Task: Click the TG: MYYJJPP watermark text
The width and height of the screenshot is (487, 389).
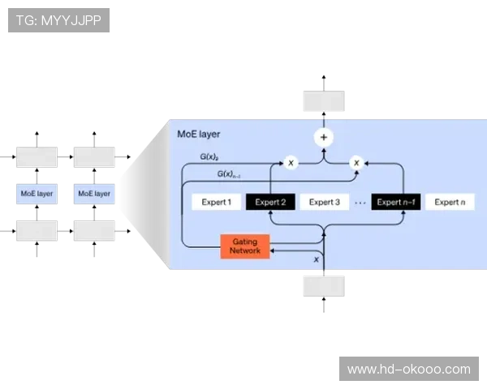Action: coord(58,19)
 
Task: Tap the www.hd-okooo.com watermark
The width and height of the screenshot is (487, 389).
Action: coord(408,369)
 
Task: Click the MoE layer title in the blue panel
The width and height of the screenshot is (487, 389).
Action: coord(199,134)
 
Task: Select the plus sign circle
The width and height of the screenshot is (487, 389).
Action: coord(324,137)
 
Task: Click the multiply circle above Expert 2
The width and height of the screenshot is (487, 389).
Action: coord(291,163)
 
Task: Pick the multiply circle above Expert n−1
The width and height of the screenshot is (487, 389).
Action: coord(356,163)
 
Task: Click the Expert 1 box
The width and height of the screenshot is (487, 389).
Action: coord(216,203)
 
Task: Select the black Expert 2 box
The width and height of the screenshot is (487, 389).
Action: coord(271,203)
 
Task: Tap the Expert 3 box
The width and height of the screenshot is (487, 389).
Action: coord(325,203)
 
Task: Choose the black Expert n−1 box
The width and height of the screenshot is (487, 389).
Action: coord(396,203)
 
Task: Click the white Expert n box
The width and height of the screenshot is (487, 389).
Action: coord(450,203)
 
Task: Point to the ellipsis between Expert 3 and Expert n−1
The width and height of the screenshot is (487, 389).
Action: coord(360,203)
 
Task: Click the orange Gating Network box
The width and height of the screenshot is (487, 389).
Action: coord(245,246)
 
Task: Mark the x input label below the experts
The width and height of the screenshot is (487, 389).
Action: coord(317,259)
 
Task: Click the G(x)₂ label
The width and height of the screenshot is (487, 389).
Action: coord(209,156)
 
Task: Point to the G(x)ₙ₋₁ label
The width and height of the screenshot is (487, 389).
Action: coord(229,174)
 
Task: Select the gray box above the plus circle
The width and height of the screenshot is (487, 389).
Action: coord(325,101)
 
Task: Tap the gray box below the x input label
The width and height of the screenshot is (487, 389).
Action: coord(325,285)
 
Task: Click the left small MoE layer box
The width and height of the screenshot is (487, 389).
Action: coord(37,194)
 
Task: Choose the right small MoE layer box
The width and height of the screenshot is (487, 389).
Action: coord(94,194)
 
